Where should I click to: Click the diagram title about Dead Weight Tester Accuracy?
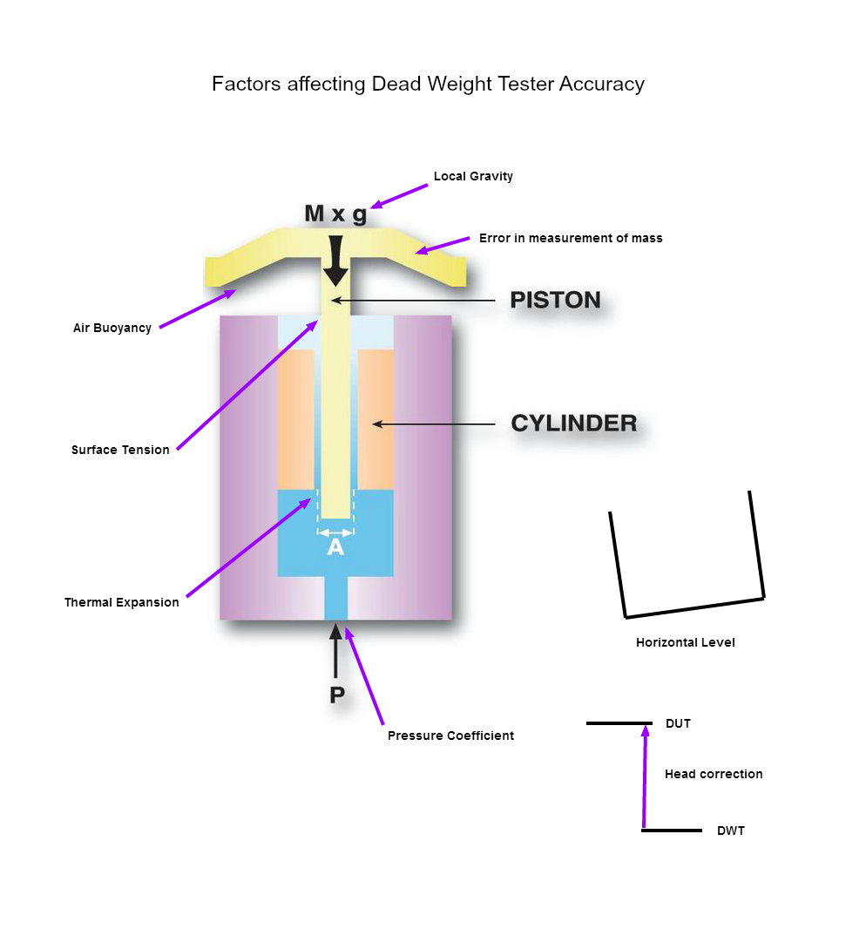click(x=428, y=85)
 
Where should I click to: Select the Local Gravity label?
click(x=473, y=176)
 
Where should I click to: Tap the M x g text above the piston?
click(x=335, y=214)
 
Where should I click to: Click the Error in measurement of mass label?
click(x=571, y=238)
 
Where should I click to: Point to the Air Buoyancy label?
click(x=112, y=329)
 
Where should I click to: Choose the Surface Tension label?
click(x=120, y=451)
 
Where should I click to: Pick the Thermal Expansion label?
click(x=122, y=602)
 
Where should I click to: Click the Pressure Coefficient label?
click(x=450, y=736)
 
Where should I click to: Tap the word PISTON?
click(x=555, y=301)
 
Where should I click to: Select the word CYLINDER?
click(x=573, y=424)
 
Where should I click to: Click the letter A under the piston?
click(x=335, y=548)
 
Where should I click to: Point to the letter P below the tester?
click(x=337, y=695)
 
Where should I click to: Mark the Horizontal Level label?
click(x=686, y=642)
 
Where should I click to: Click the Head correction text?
click(x=714, y=774)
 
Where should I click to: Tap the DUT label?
click(x=678, y=723)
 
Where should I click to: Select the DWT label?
click(x=731, y=831)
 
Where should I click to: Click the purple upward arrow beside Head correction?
click(x=645, y=776)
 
